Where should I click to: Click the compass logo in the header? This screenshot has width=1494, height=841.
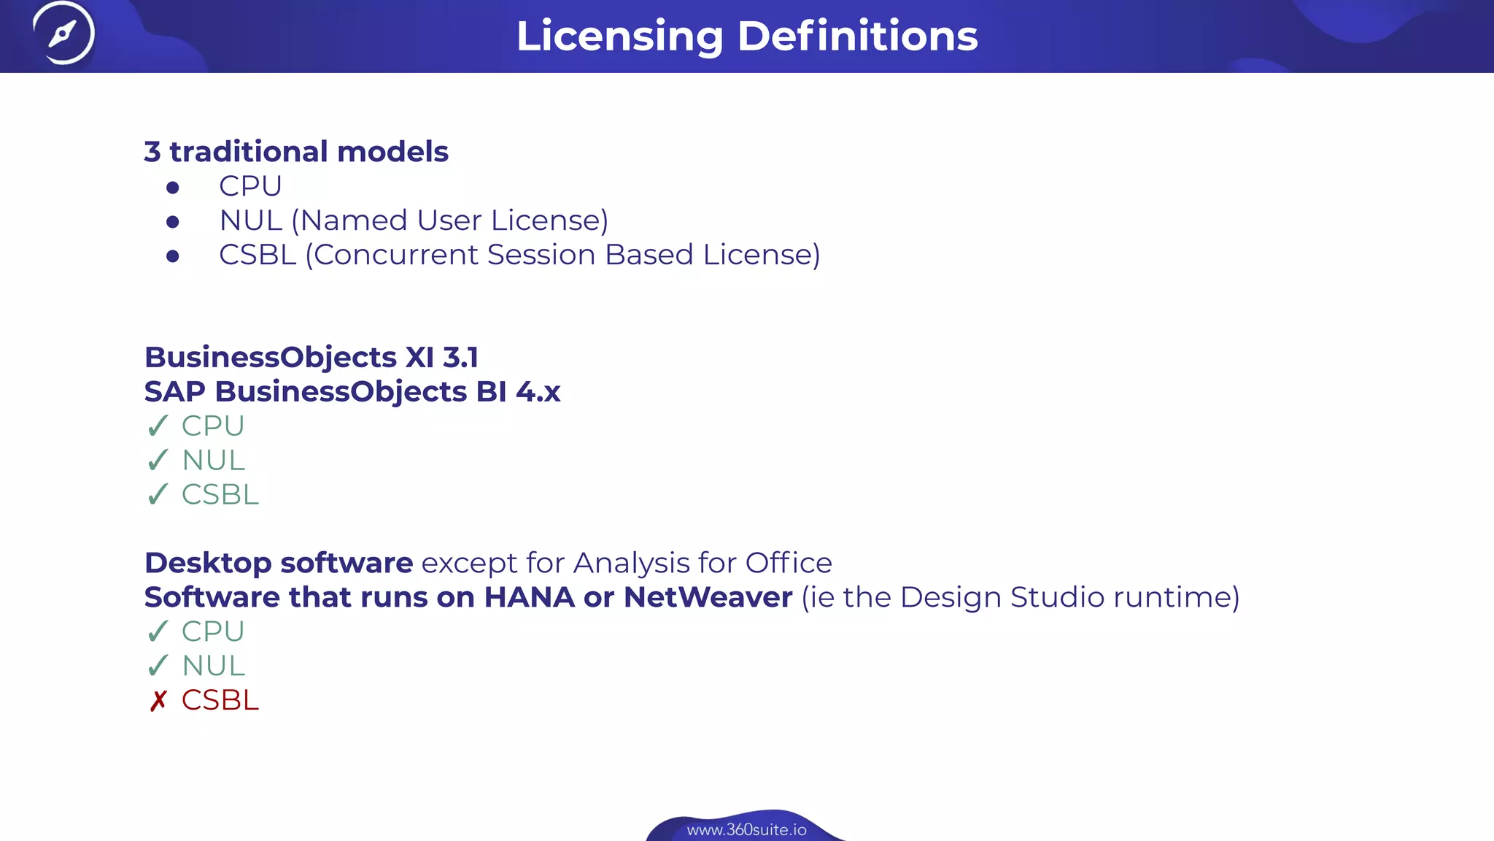point(63,33)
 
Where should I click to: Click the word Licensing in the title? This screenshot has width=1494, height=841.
point(619,36)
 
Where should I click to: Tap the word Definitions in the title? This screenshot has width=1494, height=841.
point(857,36)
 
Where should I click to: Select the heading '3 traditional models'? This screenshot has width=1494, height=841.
point(296,152)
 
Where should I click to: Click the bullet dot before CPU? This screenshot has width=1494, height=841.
point(173,188)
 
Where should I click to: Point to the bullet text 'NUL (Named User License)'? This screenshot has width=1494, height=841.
point(414,220)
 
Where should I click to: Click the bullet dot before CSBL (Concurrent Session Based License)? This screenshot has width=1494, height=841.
point(173,256)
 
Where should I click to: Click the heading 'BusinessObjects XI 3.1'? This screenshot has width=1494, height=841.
point(311,358)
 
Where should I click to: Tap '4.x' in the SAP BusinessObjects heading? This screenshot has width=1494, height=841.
point(538,392)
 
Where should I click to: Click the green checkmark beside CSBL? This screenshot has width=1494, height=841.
point(158,495)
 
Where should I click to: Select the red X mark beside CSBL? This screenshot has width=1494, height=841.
point(158,701)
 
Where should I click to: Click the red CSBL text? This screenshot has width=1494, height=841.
point(220,700)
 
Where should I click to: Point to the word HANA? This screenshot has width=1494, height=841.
point(529,597)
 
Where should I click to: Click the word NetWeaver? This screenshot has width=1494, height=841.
point(708,597)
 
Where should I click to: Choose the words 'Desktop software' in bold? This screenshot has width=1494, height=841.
point(279,563)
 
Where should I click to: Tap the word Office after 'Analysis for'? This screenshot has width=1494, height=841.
point(789,563)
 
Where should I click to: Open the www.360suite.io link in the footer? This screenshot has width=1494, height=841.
point(746,830)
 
